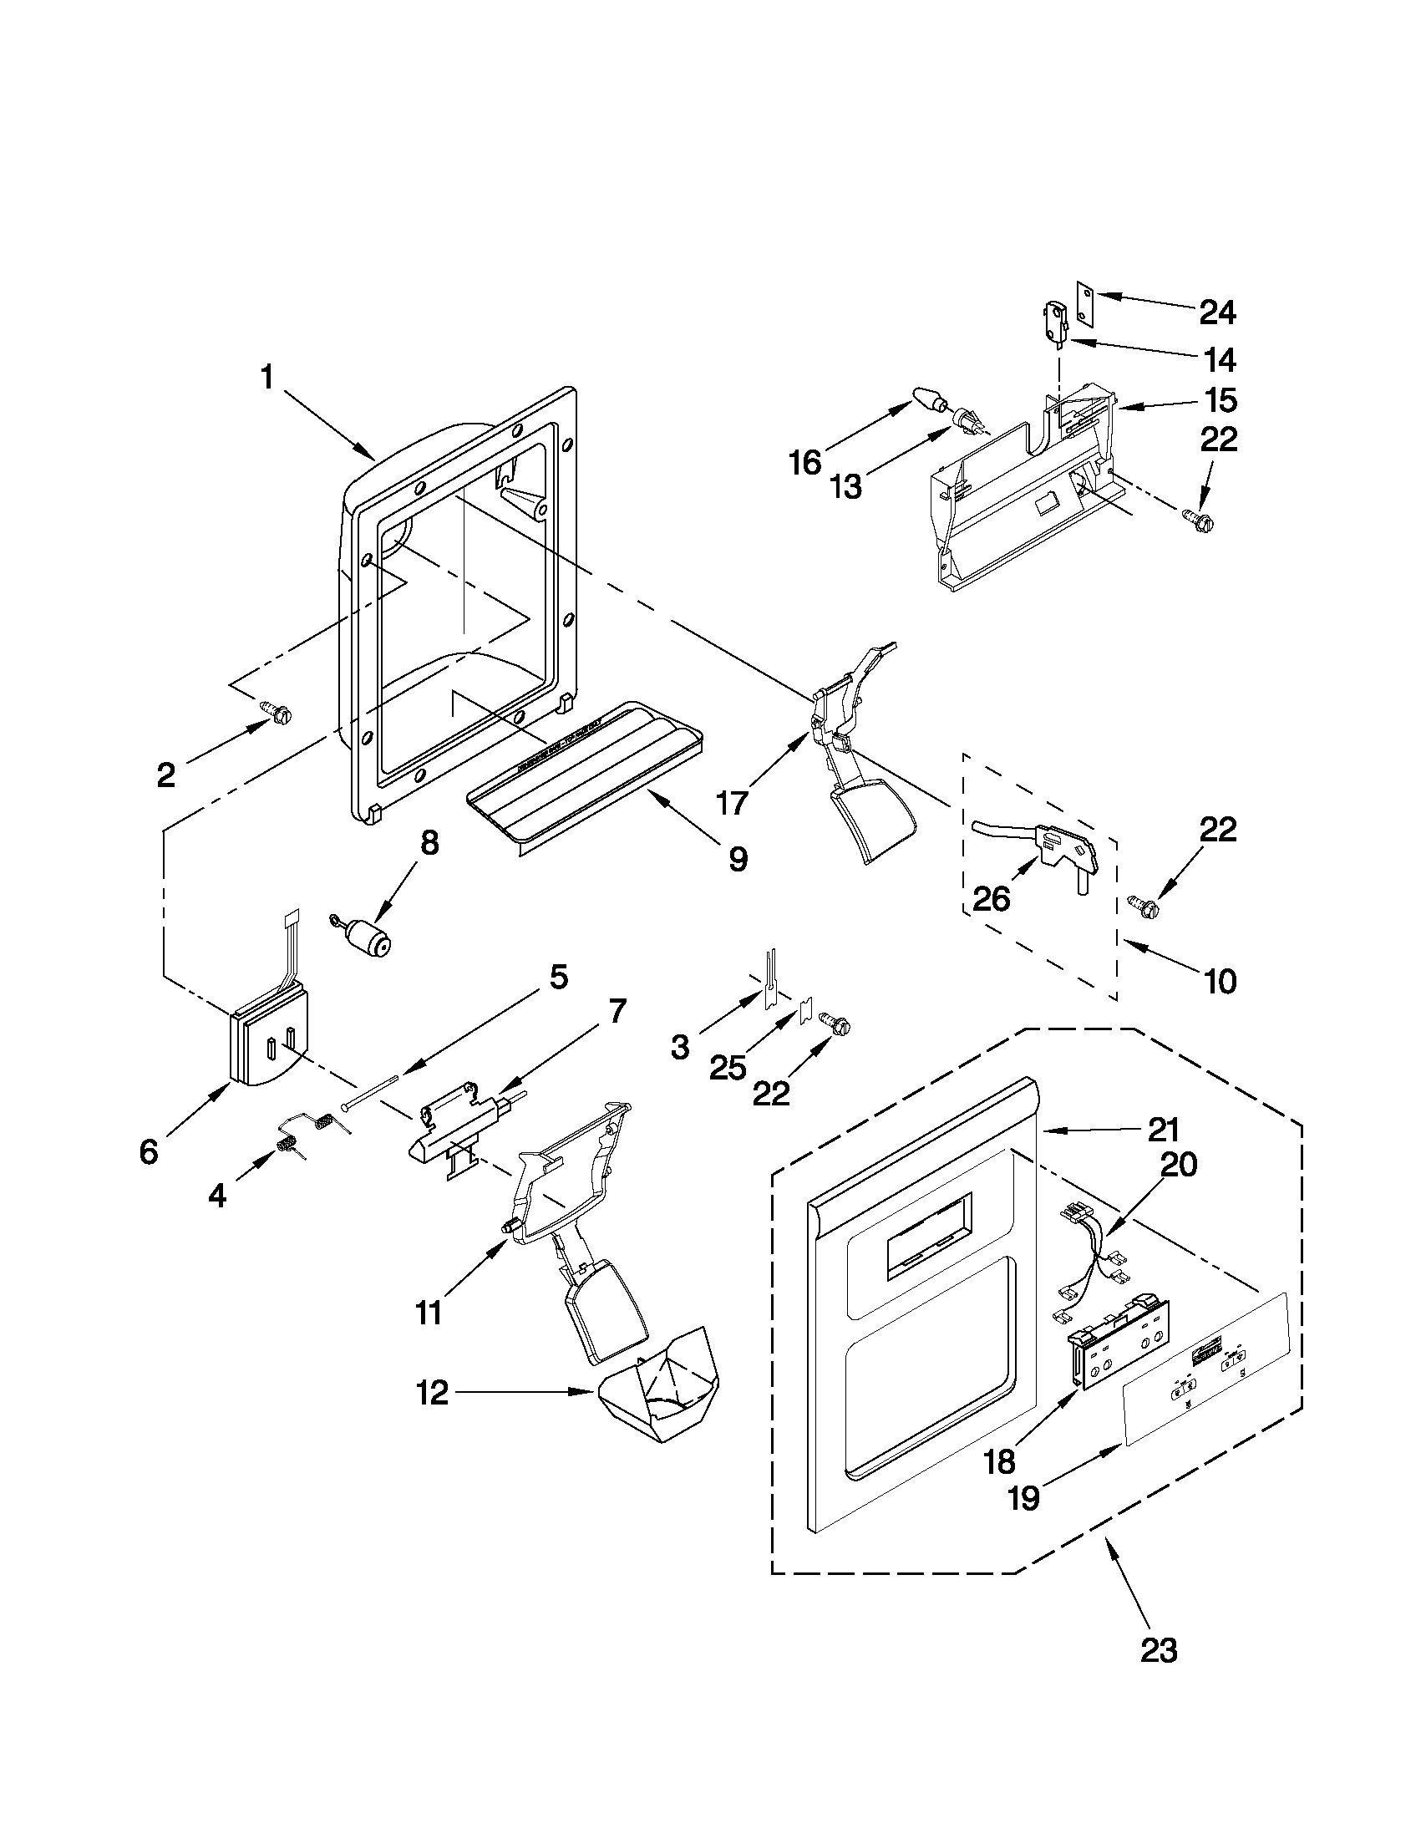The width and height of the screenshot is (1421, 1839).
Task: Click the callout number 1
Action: [x=266, y=376]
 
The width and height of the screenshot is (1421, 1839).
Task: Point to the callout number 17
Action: [x=731, y=802]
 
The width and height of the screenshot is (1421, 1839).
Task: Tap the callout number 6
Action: [x=148, y=1151]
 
